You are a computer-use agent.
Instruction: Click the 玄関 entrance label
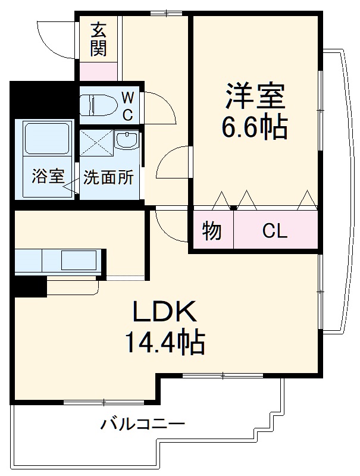[99, 39]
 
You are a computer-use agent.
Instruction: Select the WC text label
[128, 106]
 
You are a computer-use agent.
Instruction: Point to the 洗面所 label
[108, 177]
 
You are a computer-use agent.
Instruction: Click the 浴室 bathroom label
[47, 177]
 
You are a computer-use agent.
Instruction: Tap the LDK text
[164, 311]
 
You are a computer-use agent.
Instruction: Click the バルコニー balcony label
[142, 425]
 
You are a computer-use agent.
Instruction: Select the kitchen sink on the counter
[78, 260]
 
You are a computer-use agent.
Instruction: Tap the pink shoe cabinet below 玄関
[99, 70]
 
